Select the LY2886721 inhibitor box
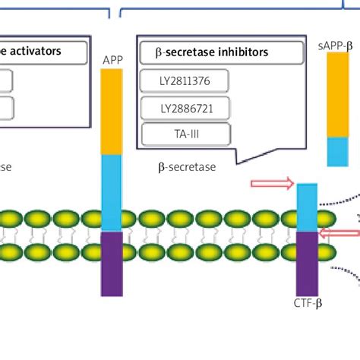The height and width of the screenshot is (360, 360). tap(185, 109)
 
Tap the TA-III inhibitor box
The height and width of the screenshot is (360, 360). tap(185, 135)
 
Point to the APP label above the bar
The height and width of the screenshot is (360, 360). tap(112, 58)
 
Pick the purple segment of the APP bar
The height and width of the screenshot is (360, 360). tap(112, 264)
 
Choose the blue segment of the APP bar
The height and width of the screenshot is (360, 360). tap(112, 192)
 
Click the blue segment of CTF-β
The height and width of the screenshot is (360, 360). tap(307, 207)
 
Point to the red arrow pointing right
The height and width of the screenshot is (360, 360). tap(271, 183)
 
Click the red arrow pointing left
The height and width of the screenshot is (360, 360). tap(339, 235)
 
